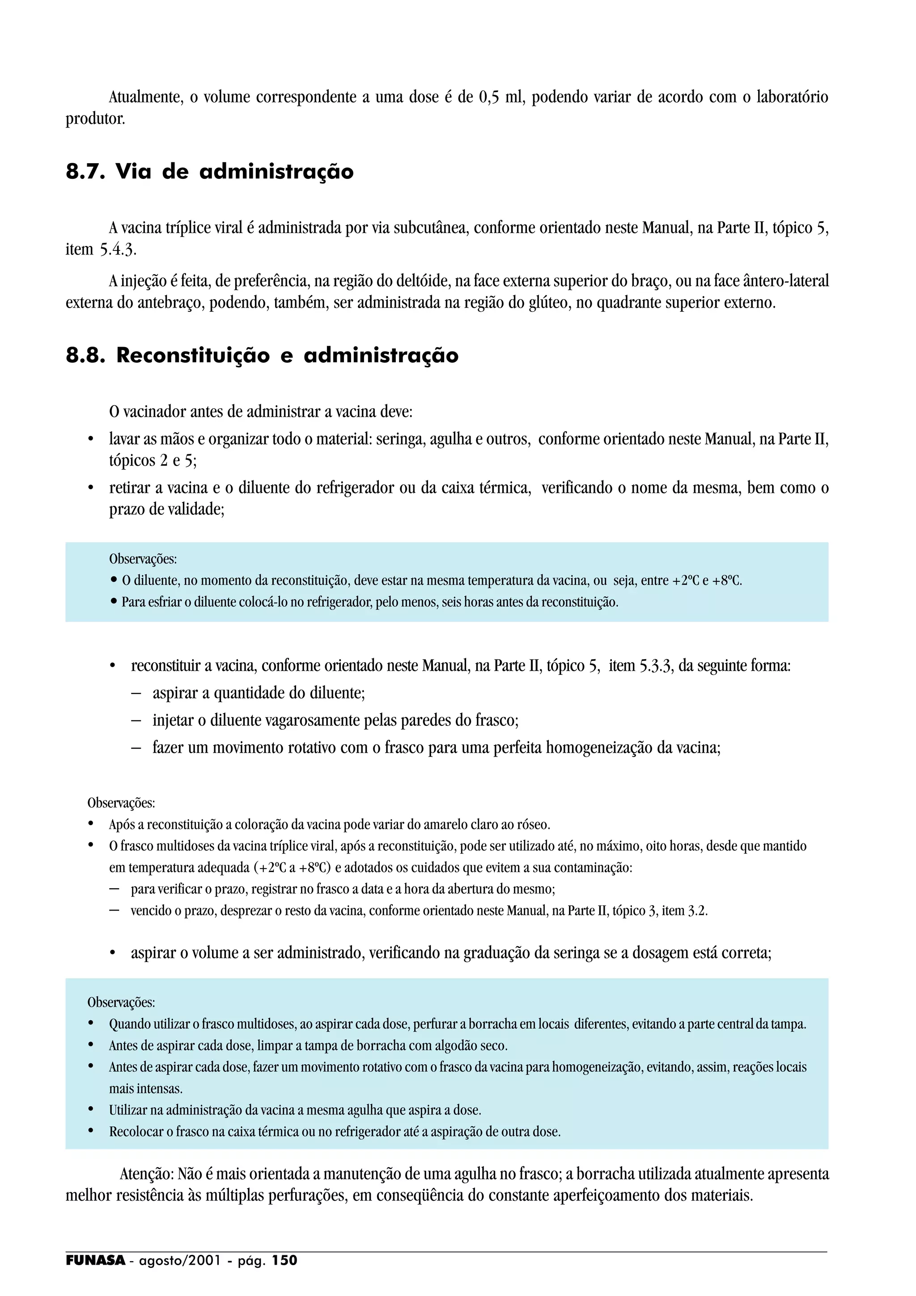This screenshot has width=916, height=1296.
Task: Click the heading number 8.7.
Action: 85,172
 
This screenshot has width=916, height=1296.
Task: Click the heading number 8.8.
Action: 85,356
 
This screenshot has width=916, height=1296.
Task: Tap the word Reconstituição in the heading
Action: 193,356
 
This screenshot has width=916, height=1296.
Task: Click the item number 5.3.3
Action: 656,666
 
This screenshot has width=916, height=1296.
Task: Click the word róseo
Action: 533,825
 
